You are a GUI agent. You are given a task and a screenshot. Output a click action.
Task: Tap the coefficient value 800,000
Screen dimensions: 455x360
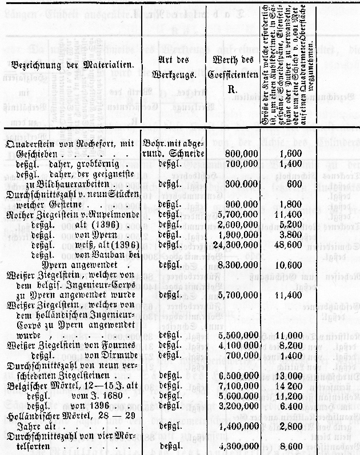tap(236, 154)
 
